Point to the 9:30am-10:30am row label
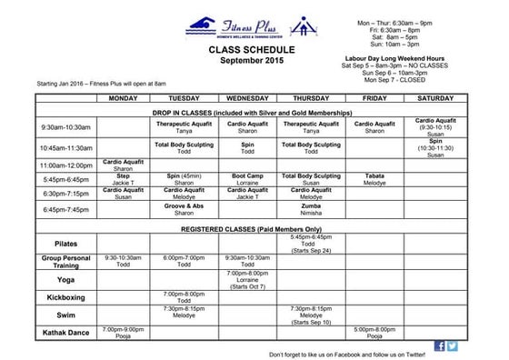point(65,127)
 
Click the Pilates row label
point(65,244)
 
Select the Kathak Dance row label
point(65,333)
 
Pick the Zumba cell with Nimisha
point(311,209)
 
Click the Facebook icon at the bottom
point(440,346)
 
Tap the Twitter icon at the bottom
point(453,346)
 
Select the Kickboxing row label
point(65,297)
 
